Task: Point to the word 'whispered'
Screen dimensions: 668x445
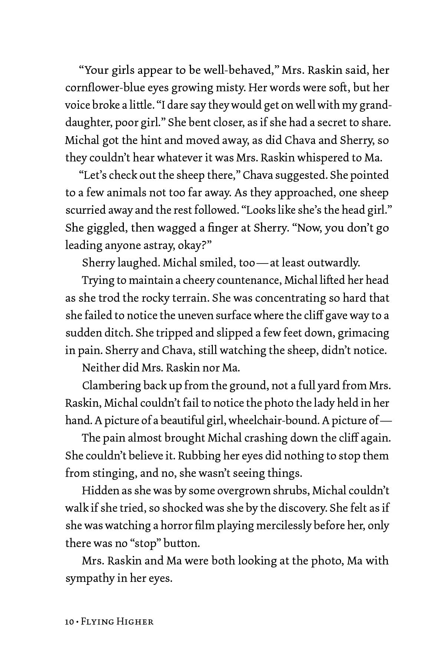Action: tap(319, 158)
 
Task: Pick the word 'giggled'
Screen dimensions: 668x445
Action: tap(105, 228)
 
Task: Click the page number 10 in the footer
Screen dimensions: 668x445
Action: tap(69, 622)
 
